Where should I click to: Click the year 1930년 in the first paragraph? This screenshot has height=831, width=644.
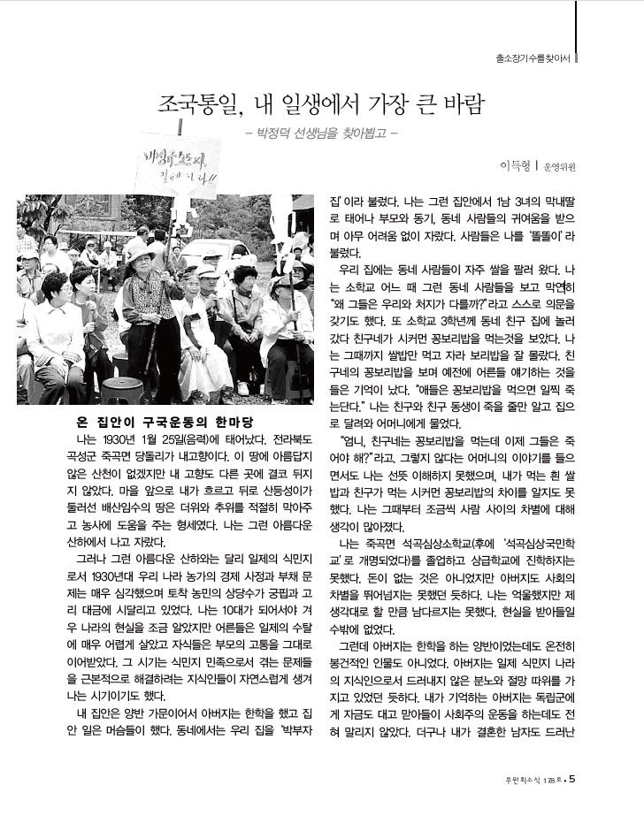tap(117, 438)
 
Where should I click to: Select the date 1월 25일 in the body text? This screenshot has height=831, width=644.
tap(160, 438)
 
